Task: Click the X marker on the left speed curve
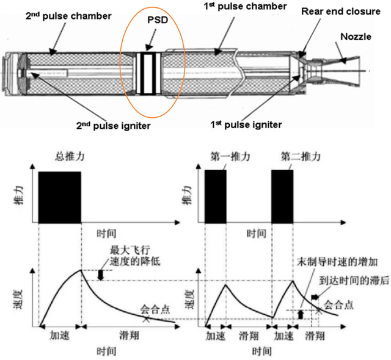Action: click(145, 319)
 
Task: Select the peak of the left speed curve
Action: click(81, 270)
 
